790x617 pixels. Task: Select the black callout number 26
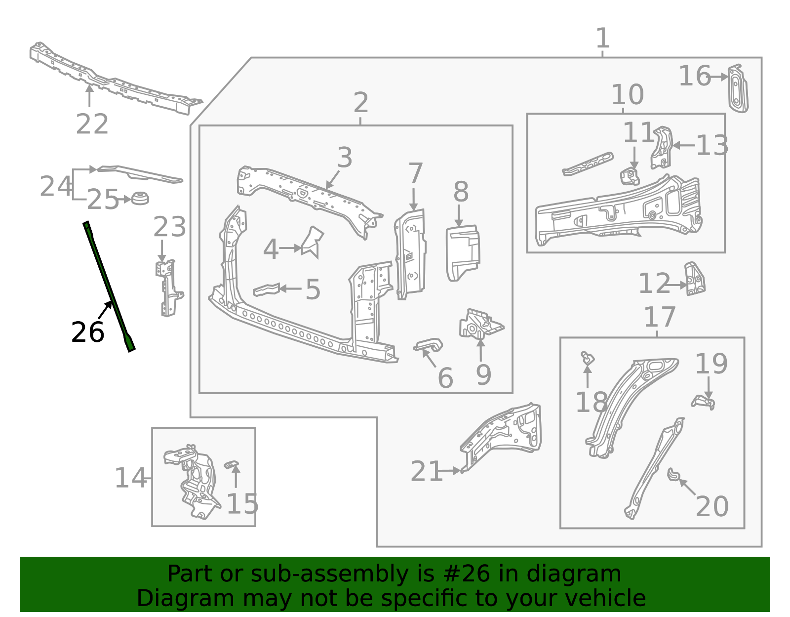pos(87,332)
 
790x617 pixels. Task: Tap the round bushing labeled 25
pos(140,199)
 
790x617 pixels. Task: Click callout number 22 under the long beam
pos(92,124)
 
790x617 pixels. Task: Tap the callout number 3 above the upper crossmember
pos(345,158)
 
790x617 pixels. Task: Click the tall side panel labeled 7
pos(410,254)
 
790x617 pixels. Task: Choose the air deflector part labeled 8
pos(462,252)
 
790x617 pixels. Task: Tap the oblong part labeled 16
pos(738,89)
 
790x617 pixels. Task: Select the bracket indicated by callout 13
pos(661,148)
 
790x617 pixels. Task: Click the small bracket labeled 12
pos(694,280)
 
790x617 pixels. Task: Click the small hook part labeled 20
pos(673,475)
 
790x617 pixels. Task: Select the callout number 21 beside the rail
pos(426,471)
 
